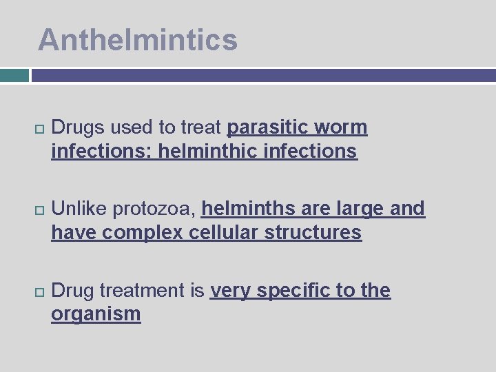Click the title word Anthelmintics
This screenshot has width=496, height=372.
(x=138, y=39)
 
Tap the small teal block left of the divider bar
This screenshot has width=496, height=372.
(x=14, y=75)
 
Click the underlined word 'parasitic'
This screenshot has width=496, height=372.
(x=267, y=127)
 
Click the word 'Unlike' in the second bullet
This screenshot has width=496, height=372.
(x=79, y=208)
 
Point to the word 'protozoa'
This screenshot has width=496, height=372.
(x=154, y=208)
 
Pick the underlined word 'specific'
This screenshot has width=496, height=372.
(x=297, y=291)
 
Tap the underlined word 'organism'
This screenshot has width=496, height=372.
(x=96, y=314)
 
